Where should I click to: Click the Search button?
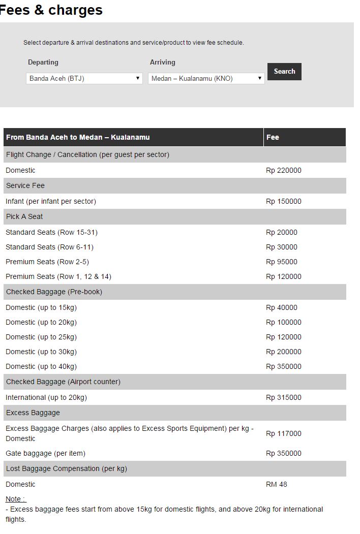pos(284,72)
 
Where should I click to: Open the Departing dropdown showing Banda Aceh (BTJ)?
pos(84,78)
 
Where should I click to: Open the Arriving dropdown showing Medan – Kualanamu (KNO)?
pos(206,78)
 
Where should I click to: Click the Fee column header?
pos(273,137)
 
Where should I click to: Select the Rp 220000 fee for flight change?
pos(284,171)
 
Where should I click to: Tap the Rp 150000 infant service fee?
pos(284,202)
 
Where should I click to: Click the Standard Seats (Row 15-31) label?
pos(51,233)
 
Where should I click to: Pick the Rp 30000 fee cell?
pos(282,247)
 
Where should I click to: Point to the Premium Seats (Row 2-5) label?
pos(47,262)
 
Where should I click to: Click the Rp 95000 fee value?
pos(282,262)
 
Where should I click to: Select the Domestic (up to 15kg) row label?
pos(41,308)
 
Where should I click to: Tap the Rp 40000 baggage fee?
pos(282,308)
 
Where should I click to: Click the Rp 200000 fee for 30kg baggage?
pos(284,352)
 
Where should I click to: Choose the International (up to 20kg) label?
pos(46,398)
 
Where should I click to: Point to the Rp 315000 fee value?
pos(284,398)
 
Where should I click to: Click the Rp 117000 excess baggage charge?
pos(284,434)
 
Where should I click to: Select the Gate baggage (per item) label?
pos(45,454)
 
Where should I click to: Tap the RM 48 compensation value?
pos(277,485)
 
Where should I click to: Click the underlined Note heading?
pos(16,499)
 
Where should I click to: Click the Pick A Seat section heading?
pos(24,217)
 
